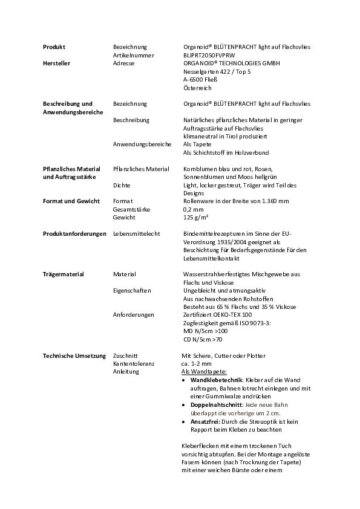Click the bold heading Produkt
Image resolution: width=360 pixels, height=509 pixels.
point(54,47)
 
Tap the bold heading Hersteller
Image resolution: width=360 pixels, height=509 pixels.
point(57,62)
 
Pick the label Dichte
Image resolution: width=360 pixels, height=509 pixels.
point(122,185)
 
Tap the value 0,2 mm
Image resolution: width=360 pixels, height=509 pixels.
point(194,209)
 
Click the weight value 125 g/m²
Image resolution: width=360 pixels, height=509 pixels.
point(196,217)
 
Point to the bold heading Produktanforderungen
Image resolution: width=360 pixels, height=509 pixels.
point(74,233)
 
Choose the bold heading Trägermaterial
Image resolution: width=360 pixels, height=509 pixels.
point(64,274)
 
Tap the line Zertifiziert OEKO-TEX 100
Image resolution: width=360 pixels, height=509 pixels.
point(217,314)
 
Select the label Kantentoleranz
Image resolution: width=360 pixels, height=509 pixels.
point(134,363)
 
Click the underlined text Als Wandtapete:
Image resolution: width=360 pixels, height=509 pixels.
point(204,371)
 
